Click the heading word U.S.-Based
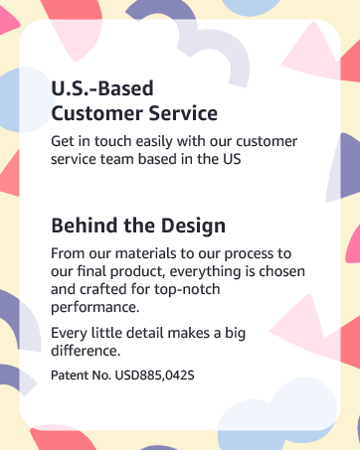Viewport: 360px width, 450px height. [102, 88]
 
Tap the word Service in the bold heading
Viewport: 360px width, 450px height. [183, 113]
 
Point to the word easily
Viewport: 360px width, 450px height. [154, 142]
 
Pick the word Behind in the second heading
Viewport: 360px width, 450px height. [86, 225]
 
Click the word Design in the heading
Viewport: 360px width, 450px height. [193, 226]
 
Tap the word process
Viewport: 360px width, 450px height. [249, 254]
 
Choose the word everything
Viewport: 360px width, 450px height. [205, 272]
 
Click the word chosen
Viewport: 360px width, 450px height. [281, 271]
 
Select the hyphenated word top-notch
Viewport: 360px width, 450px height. [187, 290]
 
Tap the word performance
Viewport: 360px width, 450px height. [95, 308]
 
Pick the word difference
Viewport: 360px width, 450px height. [86, 351]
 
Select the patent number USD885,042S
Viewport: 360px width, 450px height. [154, 375]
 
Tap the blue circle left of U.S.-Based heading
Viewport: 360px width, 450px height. [23, 100]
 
